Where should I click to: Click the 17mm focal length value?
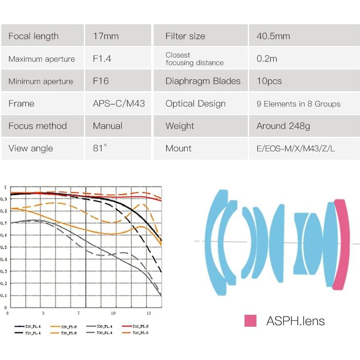click(x=106, y=36)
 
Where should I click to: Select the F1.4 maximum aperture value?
click(x=102, y=59)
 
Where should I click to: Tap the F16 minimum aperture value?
click(x=101, y=81)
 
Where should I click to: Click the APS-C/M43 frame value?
click(x=119, y=104)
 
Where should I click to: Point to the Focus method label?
click(x=37, y=126)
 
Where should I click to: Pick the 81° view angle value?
click(x=100, y=148)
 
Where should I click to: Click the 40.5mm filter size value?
click(x=273, y=36)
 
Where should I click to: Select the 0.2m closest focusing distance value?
click(x=267, y=59)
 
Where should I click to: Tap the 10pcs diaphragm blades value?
click(x=269, y=81)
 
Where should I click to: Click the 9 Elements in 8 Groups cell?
click(x=298, y=104)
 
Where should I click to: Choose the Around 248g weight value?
click(x=283, y=126)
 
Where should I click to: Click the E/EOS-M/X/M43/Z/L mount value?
click(x=295, y=149)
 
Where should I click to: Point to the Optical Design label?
click(x=195, y=104)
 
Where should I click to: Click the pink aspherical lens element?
click(x=342, y=245)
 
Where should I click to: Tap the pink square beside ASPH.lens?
click(x=250, y=321)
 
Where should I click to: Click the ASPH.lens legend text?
click(x=295, y=321)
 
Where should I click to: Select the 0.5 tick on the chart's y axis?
click(x=5, y=247)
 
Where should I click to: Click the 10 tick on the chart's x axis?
click(x=113, y=313)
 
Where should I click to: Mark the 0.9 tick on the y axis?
click(x=5, y=199)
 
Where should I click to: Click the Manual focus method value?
click(x=108, y=126)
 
